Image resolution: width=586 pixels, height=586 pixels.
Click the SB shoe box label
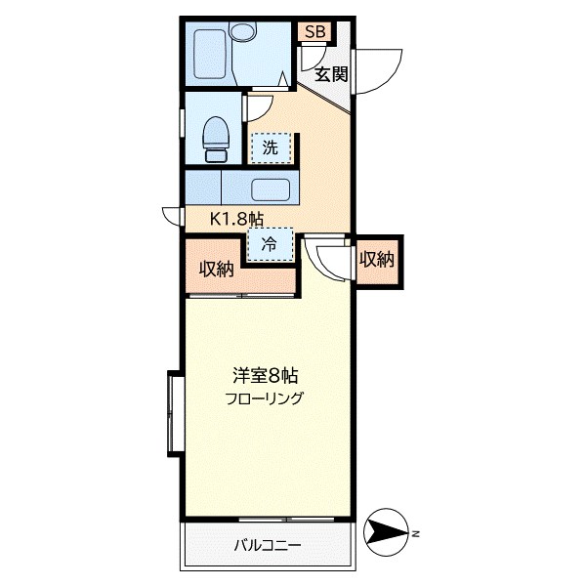point(314,32)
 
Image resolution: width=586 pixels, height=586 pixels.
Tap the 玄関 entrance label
point(331,73)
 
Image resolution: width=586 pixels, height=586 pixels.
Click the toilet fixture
point(216,139)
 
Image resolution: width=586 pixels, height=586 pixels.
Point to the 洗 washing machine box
point(271,148)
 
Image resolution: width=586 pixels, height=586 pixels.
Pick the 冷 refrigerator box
point(269,245)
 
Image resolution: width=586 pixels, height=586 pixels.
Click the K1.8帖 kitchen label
point(237,219)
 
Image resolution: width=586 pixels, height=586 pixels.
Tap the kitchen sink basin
point(271,188)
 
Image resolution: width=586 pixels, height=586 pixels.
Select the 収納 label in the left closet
point(217,270)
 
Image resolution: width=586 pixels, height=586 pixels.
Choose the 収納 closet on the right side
point(376,260)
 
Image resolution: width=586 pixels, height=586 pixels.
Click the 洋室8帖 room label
point(265,375)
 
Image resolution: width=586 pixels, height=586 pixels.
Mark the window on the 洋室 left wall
point(175,412)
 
